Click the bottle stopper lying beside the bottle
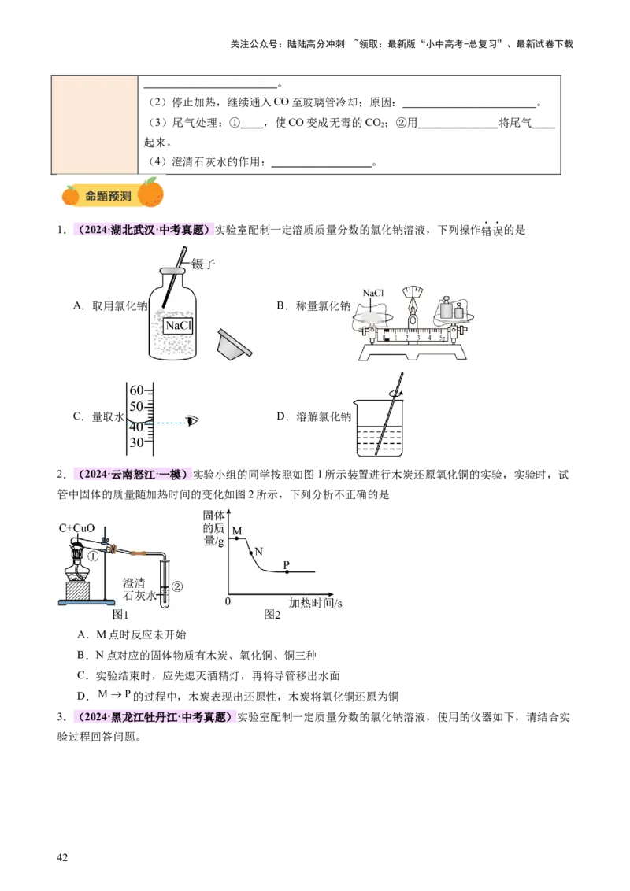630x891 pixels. (234, 342)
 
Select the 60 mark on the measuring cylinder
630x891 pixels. (136, 390)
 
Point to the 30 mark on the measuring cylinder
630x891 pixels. (136, 443)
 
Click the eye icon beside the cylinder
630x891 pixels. (192, 421)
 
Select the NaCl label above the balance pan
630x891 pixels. (372, 293)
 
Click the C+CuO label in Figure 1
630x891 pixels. (76, 527)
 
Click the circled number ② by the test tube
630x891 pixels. (177, 586)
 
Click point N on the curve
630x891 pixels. (253, 553)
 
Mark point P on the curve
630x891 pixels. (286, 571)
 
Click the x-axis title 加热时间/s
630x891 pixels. (315, 603)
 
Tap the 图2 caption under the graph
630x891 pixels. (272, 615)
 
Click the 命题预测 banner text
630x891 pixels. (109, 196)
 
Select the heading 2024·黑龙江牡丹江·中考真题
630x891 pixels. (154, 717)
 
